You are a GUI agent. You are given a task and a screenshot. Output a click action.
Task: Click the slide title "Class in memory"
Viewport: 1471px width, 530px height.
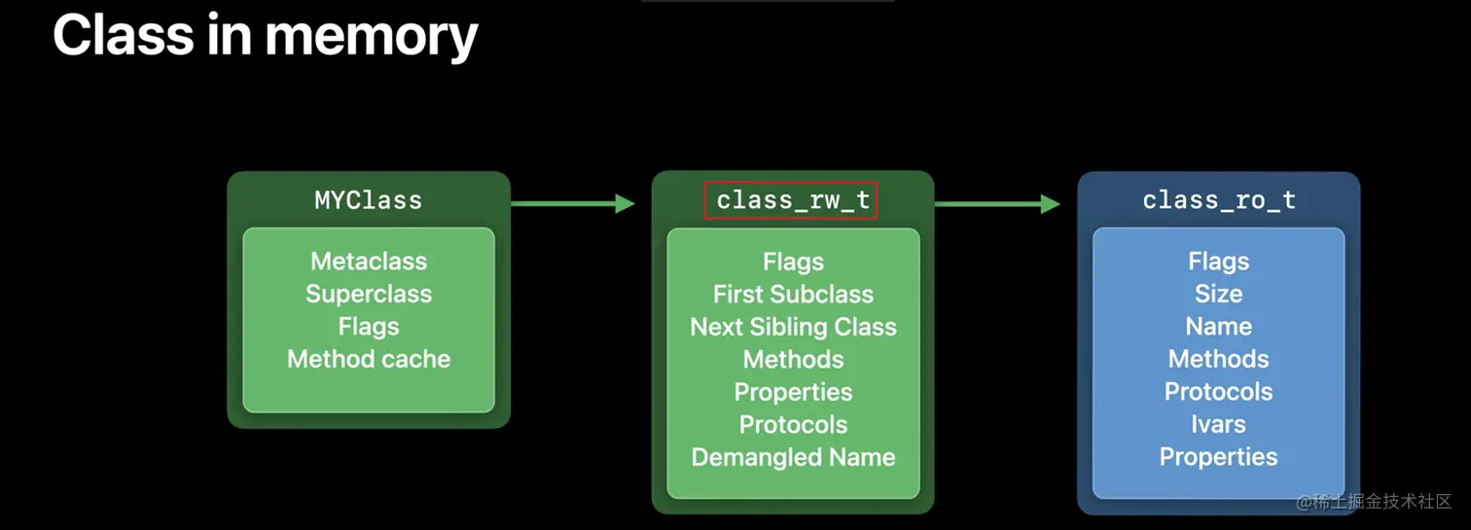(x=265, y=35)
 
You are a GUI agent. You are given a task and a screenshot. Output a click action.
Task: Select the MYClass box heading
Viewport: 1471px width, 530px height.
(x=369, y=200)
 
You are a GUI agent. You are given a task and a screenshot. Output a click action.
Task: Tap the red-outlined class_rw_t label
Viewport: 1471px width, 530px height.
(x=792, y=200)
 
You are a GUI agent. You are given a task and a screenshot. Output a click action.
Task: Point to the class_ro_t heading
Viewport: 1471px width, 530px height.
(x=1218, y=200)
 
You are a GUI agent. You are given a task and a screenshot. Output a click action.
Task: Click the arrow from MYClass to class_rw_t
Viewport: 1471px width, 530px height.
(x=572, y=203)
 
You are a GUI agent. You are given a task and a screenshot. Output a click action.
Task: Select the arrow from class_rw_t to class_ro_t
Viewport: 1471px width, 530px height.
(x=997, y=203)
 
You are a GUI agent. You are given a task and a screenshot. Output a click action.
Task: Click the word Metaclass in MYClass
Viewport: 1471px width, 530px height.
(x=369, y=262)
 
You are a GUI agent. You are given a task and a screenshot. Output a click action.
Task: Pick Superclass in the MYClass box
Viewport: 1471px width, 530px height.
(x=369, y=294)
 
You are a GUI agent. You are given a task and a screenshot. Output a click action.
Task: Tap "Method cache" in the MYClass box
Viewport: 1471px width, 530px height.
(x=369, y=359)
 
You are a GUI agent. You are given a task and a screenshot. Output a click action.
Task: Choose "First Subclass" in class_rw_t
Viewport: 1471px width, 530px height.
(x=793, y=294)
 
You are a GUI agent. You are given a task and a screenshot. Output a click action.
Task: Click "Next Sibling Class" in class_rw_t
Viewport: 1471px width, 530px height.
(x=793, y=327)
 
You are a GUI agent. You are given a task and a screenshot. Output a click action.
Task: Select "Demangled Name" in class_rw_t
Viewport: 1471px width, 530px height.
(x=793, y=457)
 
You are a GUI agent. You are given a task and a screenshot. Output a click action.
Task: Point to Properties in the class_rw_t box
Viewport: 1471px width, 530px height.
(x=793, y=392)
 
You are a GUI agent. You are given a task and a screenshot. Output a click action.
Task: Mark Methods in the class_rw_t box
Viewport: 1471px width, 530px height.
(x=793, y=359)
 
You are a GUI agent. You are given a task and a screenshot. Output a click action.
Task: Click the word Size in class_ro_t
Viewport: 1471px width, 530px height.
(x=1218, y=294)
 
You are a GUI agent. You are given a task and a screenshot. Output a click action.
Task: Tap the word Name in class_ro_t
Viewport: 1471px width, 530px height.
(x=1218, y=327)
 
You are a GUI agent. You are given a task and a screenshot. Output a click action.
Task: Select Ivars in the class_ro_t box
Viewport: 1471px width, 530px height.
(x=1218, y=424)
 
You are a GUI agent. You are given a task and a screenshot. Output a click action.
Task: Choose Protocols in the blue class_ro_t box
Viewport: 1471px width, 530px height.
(x=1218, y=392)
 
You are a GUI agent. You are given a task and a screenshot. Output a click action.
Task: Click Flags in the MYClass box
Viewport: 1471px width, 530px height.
(x=369, y=327)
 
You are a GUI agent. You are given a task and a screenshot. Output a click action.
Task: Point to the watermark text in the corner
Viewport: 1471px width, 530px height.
(x=1373, y=502)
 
